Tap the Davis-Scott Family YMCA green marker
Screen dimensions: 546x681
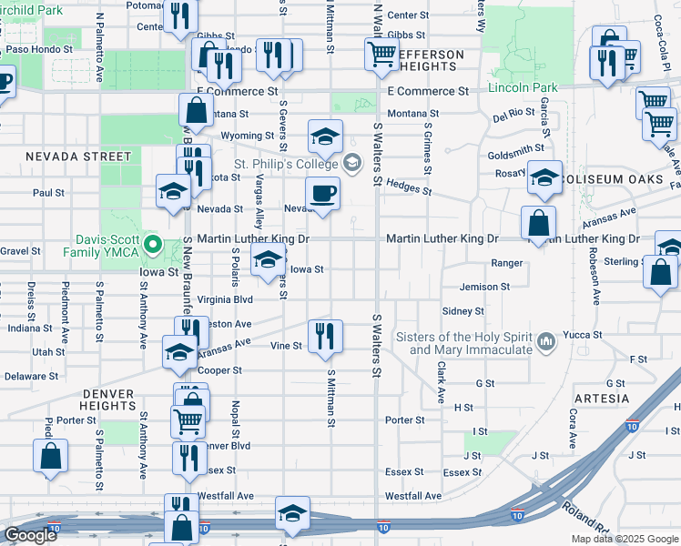pyautogui.click(x=153, y=244)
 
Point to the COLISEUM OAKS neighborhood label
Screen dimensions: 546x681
pyautogui.click(x=615, y=179)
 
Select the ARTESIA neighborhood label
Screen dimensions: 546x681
pyautogui.click(x=602, y=399)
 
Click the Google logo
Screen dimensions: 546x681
pyautogui.click(x=30, y=535)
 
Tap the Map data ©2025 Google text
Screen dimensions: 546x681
pyautogui.click(x=624, y=539)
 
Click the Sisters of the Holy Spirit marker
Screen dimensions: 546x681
pyautogui.click(x=546, y=341)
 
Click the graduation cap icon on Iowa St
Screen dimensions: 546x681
pyautogui.click(x=267, y=261)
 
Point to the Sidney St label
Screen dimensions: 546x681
pyautogui.click(x=462, y=311)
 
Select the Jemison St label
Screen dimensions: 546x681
pyautogui.click(x=484, y=287)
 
